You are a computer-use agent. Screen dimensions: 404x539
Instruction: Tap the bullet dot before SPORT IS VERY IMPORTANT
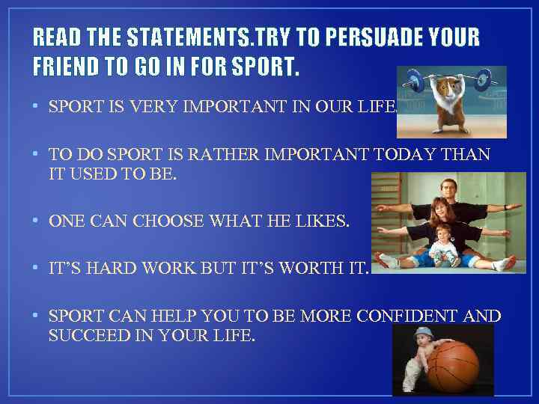point(36,107)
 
